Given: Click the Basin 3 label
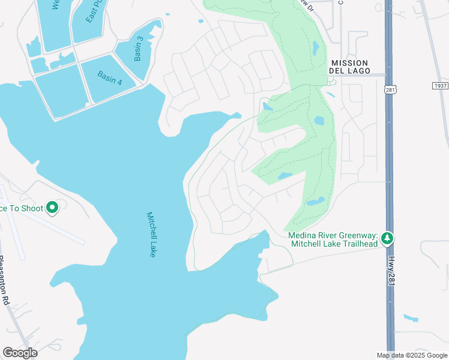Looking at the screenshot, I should click(x=139, y=49).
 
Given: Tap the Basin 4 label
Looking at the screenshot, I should click(x=109, y=78).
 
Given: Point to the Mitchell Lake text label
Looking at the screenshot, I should click(x=151, y=235).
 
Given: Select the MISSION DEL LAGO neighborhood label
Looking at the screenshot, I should click(x=348, y=67).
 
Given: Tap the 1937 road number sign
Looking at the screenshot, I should click(x=440, y=86).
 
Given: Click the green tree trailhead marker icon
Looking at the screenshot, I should click(x=388, y=239).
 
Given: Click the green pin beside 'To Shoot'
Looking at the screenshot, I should click(x=52, y=208).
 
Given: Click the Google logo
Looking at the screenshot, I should click(x=20, y=353).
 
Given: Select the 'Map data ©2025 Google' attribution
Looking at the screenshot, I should click(x=412, y=355).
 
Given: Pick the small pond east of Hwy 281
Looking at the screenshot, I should click(x=411, y=317).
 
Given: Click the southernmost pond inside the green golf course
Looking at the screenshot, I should click(x=315, y=202).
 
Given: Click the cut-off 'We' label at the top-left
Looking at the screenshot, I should click(x=55, y=5).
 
